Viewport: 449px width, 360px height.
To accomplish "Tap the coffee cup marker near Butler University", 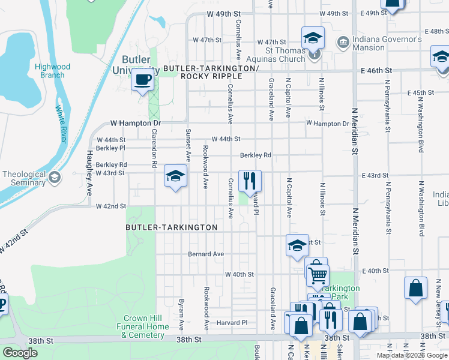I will (142, 80).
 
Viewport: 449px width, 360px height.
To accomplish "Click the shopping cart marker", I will (317, 275).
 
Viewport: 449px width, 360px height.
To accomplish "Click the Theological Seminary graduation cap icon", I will (55, 177).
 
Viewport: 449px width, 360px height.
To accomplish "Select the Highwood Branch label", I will (52, 71).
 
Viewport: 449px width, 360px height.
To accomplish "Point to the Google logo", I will (20, 353).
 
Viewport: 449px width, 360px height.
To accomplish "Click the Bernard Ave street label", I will (205, 254).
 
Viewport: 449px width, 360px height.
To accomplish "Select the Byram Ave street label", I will (181, 314).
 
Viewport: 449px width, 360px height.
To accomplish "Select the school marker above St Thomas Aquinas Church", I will (313, 38).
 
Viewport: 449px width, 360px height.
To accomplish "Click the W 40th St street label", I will (240, 274).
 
